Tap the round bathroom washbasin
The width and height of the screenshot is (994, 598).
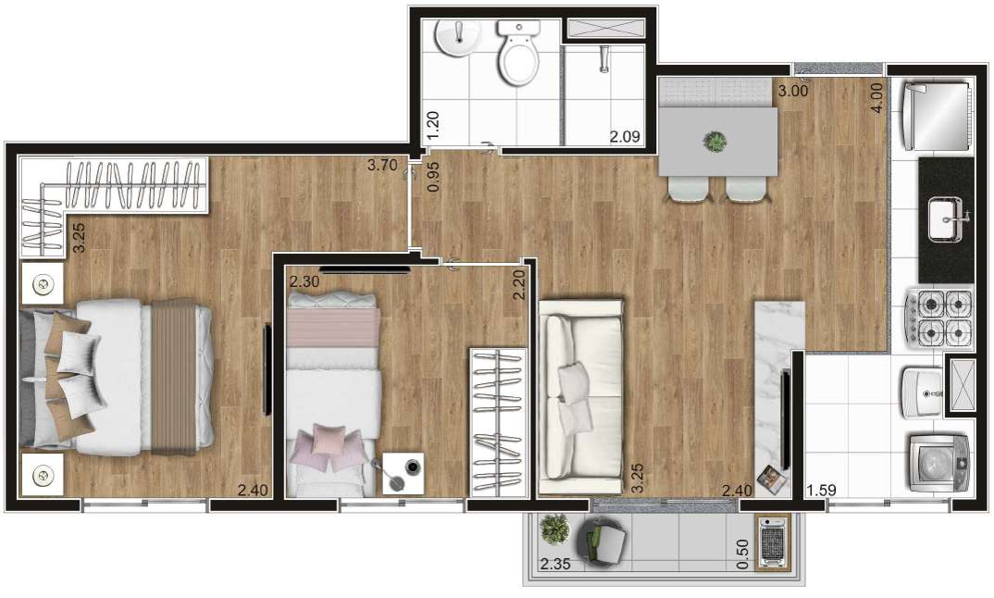[x=458, y=39]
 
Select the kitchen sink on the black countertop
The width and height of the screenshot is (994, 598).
[x=946, y=218]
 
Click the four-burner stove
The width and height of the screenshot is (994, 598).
[x=939, y=319]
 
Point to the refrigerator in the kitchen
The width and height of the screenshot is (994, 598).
[x=935, y=116]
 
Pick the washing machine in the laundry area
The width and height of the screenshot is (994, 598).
[x=938, y=464]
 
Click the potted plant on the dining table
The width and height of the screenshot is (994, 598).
[x=715, y=141]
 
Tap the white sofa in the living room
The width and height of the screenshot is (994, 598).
[x=580, y=396]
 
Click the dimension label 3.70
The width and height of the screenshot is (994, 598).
[x=382, y=166]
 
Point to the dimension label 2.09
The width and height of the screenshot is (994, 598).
[x=625, y=136]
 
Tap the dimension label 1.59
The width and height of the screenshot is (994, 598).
[x=821, y=491]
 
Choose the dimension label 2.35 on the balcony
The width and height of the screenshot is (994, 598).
[x=554, y=564]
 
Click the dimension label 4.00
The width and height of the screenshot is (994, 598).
[x=876, y=98]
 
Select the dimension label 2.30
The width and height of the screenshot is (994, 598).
[x=304, y=281]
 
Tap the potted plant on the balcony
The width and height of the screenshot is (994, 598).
[x=554, y=529]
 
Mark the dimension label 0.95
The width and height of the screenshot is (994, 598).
[x=434, y=177]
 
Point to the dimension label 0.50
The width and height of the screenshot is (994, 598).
[x=743, y=554]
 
